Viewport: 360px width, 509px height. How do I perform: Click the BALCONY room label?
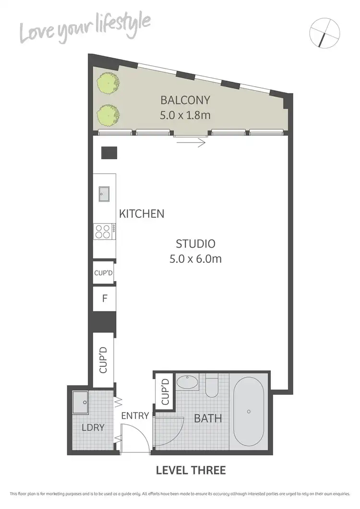[185, 100]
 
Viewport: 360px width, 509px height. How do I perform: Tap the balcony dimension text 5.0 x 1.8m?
[185, 116]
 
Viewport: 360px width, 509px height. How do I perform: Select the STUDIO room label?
[195, 243]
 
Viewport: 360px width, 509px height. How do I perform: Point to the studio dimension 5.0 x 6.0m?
[195, 259]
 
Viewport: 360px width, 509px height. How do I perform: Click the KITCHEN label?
[142, 213]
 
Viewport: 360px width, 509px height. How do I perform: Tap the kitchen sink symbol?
[104, 194]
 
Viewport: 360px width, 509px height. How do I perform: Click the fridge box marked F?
[104, 298]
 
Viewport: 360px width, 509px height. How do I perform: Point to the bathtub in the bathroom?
[249, 411]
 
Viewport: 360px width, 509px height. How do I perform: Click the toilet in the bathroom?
[212, 387]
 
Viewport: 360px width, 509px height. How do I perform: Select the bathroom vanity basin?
[186, 383]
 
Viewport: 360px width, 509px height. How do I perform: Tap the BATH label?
[208, 418]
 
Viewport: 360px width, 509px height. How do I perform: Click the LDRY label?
[93, 427]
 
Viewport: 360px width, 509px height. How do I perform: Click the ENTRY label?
[135, 416]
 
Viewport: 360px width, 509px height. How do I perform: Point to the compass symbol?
[325, 33]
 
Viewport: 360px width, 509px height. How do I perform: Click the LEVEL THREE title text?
[191, 470]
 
